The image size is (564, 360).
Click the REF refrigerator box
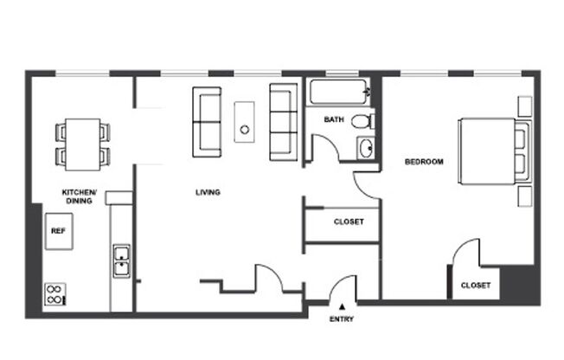[x=58, y=231]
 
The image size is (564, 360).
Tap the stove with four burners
[x=54, y=294]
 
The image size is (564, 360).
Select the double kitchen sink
[x=122, y=262]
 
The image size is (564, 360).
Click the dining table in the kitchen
[x=83, y=143]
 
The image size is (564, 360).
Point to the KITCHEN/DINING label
[x=80, y=196]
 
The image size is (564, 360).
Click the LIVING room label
[x=208, y=192]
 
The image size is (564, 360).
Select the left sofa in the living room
[x=207, y=122]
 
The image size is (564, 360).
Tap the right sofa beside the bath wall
[x=283, y=123]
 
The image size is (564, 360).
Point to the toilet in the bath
[x=365, y=121]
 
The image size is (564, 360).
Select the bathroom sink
[x=366, y=148]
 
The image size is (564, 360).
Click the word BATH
[x=335, y=119]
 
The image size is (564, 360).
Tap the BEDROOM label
[x=424, y=162]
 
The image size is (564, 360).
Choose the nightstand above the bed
[x=525, y=105]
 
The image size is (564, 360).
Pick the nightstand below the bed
[x=525, y=196]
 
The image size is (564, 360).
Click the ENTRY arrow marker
[x=343, y=305]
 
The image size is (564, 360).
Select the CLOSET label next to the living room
[x=349, y=222]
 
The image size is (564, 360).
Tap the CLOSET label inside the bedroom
[x=476, y=285]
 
